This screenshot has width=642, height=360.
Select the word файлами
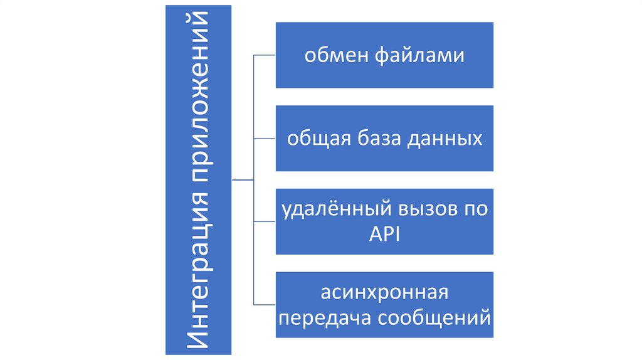pos(421,56)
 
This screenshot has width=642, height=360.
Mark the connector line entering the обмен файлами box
pos(264,55)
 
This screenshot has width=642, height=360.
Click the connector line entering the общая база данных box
pos(264,138)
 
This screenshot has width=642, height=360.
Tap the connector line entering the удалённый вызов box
pos(264,221)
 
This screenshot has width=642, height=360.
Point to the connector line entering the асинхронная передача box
pos(264,304)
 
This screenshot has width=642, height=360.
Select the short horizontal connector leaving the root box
pos(242,180)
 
